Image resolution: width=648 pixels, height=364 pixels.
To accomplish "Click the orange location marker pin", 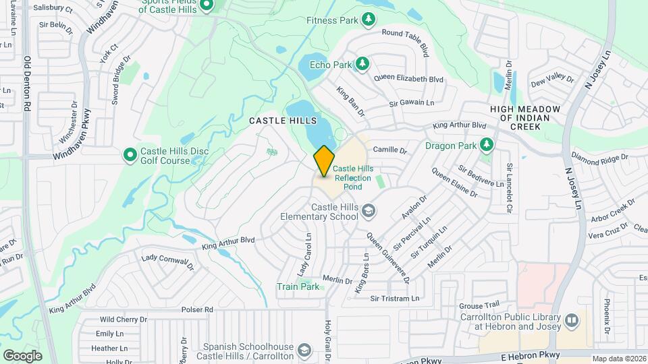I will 324,161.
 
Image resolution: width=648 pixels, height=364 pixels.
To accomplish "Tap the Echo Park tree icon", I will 362,64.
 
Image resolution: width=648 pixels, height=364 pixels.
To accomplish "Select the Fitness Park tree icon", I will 368,20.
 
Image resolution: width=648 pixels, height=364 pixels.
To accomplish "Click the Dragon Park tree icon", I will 485,144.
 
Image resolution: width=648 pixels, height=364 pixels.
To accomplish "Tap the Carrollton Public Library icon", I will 572,320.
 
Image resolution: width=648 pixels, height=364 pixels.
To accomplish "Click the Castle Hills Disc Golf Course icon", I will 130,156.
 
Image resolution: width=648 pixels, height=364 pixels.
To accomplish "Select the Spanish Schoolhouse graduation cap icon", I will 304,350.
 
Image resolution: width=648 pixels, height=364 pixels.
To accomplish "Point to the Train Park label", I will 298,286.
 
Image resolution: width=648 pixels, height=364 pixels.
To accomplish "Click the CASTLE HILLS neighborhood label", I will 283,120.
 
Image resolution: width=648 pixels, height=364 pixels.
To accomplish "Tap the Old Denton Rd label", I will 27,84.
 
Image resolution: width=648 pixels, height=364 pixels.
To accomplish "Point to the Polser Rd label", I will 196,309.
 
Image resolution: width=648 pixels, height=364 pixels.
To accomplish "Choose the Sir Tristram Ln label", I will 395,298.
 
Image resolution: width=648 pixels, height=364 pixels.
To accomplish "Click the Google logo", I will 22,355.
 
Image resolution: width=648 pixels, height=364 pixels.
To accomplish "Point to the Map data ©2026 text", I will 619,359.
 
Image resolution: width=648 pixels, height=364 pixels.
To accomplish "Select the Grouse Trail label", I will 479,305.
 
